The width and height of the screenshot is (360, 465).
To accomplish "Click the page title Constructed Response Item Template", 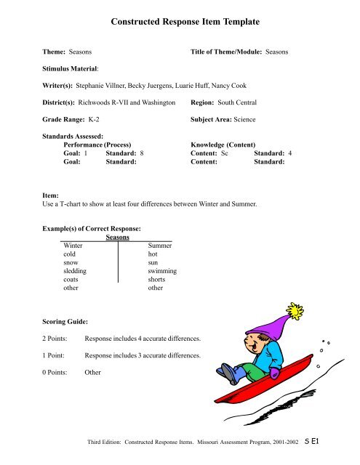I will pyautogui.click(x=180, y=22).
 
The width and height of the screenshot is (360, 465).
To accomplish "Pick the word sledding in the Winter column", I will pyautogui.click(x=75, y=270).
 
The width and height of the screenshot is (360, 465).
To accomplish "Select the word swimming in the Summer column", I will pyautogui.click(x=162, y=270).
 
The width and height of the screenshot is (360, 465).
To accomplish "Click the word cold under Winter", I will pyautogui.click(x=70, y=254).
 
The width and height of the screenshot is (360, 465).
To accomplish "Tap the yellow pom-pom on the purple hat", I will pyautogui.click(x=295, y=313).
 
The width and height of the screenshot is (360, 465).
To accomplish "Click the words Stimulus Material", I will pyautogui.click(x=71, y=69).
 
